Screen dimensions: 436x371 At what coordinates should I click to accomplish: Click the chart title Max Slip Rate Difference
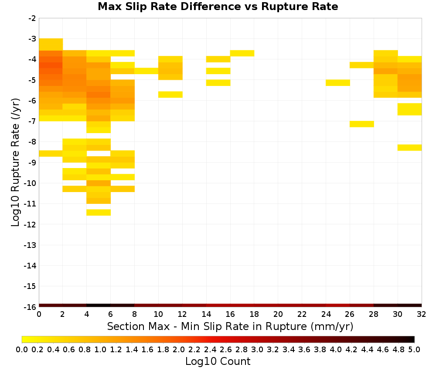click(169, 7)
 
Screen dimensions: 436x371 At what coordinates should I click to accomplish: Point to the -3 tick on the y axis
click(32, 39)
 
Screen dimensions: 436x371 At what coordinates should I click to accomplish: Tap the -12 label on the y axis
click(30, 224)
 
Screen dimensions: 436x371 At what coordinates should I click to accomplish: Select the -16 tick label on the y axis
click(30, 307)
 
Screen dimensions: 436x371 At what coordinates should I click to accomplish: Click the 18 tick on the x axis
click(254, 314)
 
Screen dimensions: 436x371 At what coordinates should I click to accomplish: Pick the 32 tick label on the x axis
click(422, 314)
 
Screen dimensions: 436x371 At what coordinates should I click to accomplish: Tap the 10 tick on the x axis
click(159, 314)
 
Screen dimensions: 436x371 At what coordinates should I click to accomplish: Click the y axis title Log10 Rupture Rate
click(15, 162)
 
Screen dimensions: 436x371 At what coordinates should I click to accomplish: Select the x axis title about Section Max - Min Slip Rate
click(230, 326)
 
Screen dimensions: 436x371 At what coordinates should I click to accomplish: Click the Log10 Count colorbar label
click(218, 361)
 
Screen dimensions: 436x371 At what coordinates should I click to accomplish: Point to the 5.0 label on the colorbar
click(414, 350)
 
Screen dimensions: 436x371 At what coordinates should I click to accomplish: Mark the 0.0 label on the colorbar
click(22, 350)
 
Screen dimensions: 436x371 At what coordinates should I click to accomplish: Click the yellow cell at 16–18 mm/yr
click(242, 53)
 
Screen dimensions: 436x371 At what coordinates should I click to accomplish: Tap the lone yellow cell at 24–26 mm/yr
click(338, 82)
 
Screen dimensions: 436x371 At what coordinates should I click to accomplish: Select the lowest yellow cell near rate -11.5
click(99, 213)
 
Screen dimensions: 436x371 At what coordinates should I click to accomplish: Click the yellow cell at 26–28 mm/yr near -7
click(362, 124)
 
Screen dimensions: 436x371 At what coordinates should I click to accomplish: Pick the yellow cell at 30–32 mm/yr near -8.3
click(409, 148)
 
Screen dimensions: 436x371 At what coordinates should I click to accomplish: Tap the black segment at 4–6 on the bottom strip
click(99, 306)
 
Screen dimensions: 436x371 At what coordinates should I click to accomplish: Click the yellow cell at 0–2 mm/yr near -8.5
click(51, 153)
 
